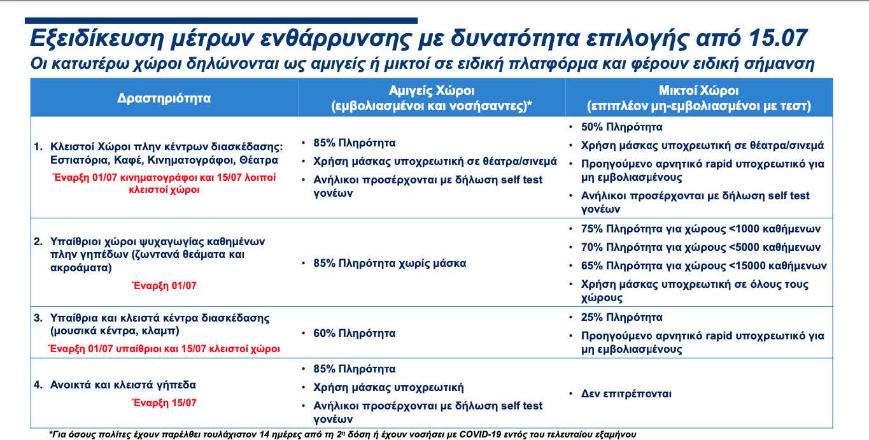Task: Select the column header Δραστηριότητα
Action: [164, 98]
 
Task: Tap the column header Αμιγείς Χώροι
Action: [432, 90]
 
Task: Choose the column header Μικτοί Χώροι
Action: [698, 90]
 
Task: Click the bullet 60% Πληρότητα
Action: [355, 333]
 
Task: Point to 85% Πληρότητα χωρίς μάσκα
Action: [390, 263]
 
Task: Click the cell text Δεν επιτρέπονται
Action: [626, 394]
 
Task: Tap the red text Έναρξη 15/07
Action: [164, 402]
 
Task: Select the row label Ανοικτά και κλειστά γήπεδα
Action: [124, 385]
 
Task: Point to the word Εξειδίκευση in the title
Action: [94, 39]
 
